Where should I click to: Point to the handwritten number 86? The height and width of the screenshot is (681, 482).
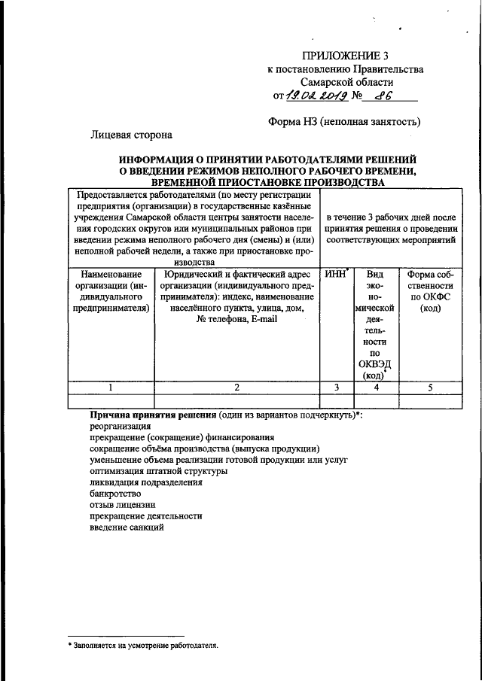[x=386, y=96]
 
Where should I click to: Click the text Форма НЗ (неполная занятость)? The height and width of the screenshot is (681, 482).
[x=344, y=121]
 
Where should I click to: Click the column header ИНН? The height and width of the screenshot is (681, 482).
[x=334, y=275]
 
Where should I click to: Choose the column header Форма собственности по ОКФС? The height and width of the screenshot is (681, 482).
[x=430, y=291]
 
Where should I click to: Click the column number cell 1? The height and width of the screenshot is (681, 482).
[x=110, y=387]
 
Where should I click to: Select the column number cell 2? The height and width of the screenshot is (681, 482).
[x=236, y=387]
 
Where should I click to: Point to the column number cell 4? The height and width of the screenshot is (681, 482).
[x=374, y=387]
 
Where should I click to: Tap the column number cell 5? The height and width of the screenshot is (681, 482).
[x=430, y=387]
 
